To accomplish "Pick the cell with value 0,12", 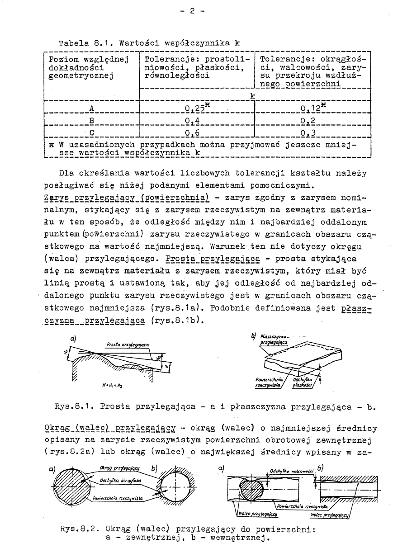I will click(x=312, y=109).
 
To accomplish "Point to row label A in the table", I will click(x=92, y=109).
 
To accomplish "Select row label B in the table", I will click(x=92, y=121).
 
